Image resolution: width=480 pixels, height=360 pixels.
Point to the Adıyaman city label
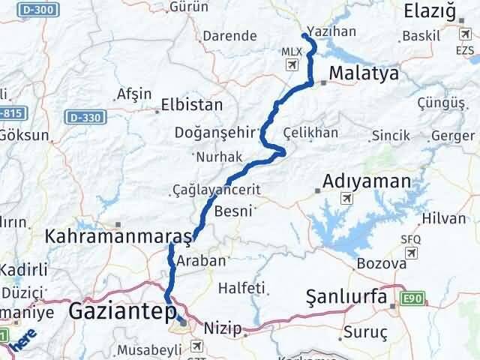(x=367, y=181)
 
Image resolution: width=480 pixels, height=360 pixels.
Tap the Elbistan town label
(x=192, y=105)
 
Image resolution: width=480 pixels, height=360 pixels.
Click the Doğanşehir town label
(x=215, y=132)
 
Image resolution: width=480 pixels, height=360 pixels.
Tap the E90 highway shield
(x=412, y=298)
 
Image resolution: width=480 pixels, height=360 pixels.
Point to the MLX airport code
(x=289, y=51)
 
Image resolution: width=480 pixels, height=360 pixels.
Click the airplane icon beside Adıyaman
(x=346, y=199)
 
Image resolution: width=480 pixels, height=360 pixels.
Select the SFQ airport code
(x=410, y=238)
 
